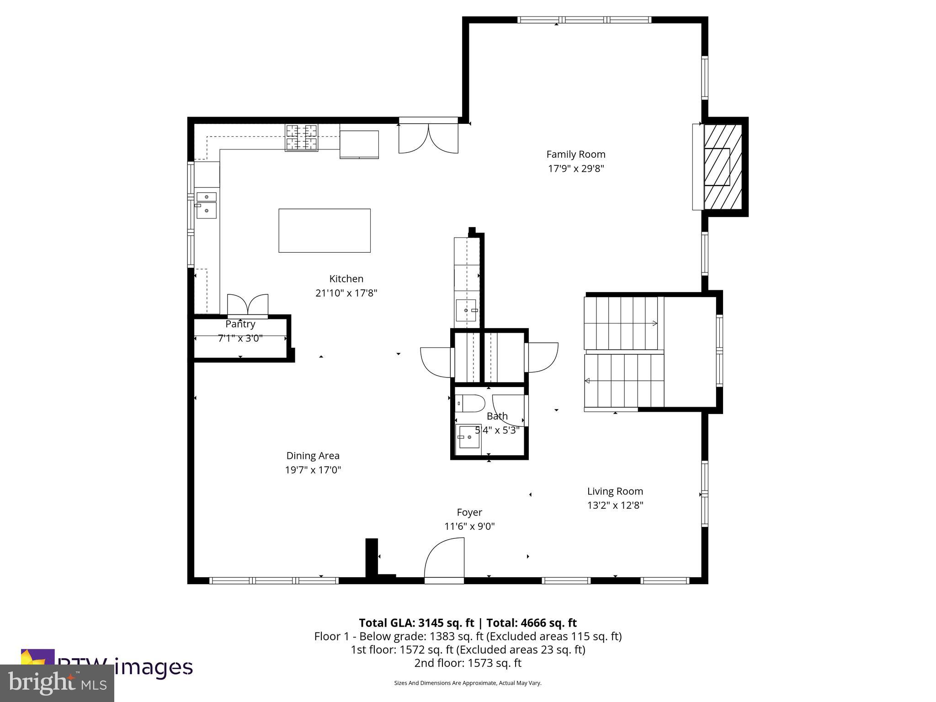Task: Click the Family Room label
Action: pos(575,154)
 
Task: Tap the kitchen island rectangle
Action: pos(324,230)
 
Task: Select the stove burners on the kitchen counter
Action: pos(302,138)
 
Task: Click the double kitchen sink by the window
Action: pos(207,204)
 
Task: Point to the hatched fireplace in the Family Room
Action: pos(722,167)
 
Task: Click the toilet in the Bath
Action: pos(470,404)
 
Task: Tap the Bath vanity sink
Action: pos(468,438)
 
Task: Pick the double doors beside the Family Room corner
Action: pos(428,137)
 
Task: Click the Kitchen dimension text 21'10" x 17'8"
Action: pos(346,293)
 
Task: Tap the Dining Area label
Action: pos(313,456)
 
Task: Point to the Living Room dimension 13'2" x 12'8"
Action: pos(615,505)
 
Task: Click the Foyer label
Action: pos(469,512)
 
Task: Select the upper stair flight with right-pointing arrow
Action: pos(623,323)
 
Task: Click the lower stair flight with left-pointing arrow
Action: pos(624,381)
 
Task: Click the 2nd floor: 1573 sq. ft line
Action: pos(468,663)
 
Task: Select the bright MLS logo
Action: pos(57,683)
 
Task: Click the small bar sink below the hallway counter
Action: pos(467,310)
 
